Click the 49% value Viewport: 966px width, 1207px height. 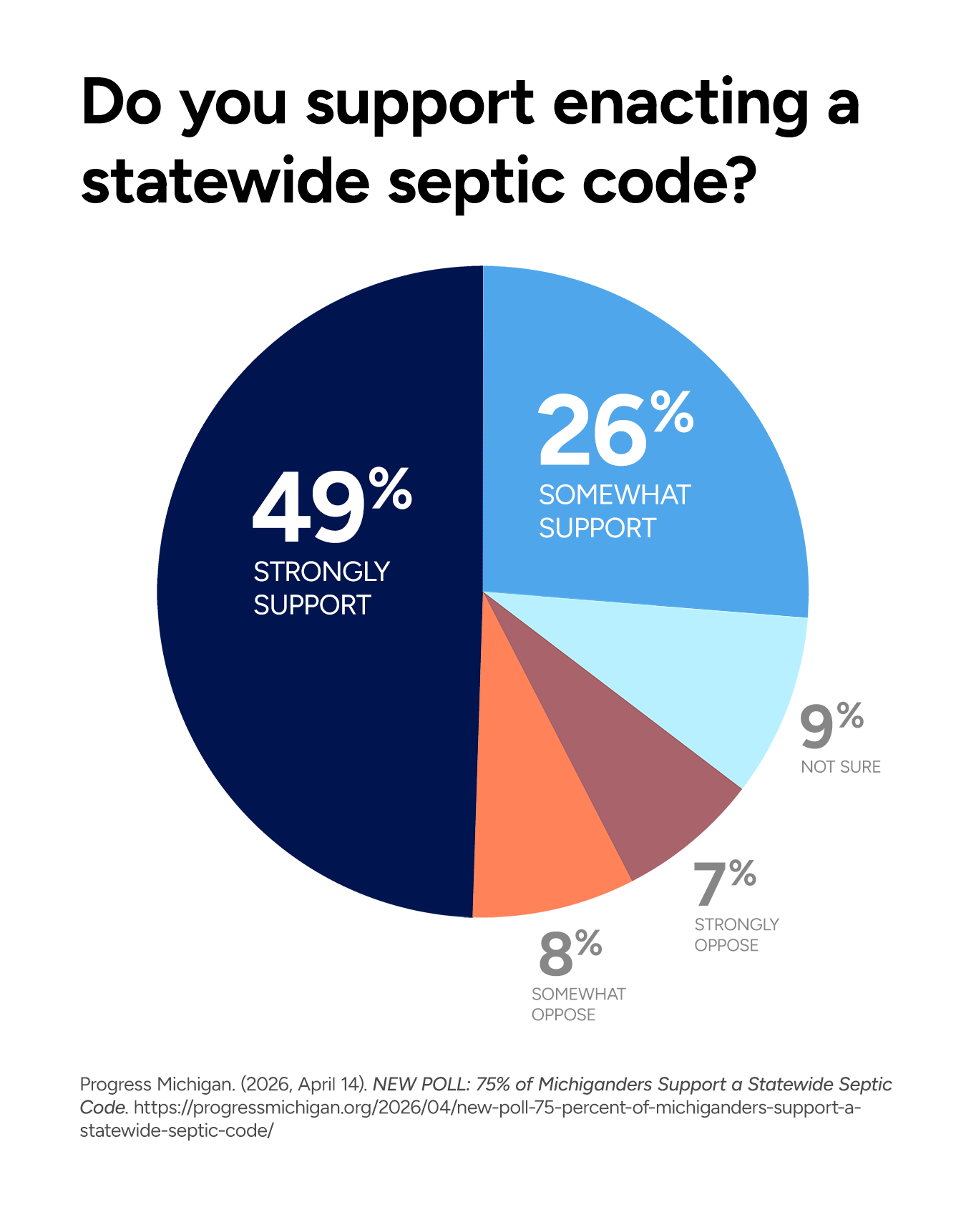(x=332, y=504)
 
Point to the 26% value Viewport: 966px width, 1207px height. (x=616, y=427)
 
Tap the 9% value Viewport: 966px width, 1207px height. (x=831, y=725)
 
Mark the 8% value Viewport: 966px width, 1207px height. (x=570, y=953)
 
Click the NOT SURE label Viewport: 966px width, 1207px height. (x=841, y=767)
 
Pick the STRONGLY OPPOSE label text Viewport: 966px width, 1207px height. (x=736, y=934)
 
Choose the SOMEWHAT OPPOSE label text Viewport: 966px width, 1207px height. (x=578, y=1005)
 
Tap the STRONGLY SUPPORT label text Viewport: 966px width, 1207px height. (x=321, y=588)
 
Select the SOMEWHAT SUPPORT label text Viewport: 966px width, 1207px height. (x=615, y=512)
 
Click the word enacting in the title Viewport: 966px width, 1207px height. (x=680, y=104)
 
